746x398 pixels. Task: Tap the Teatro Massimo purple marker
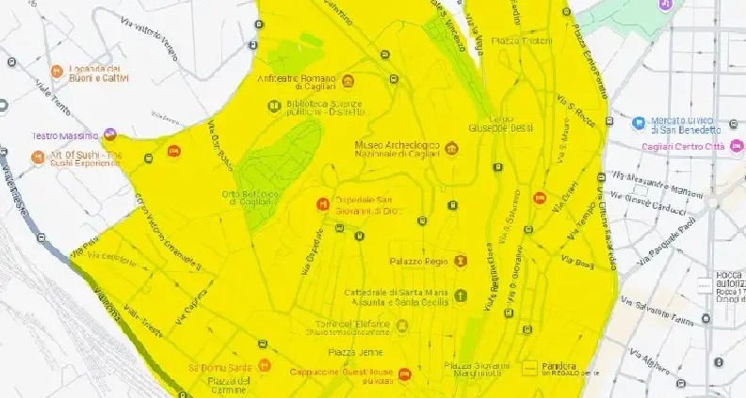(x=110, y=135)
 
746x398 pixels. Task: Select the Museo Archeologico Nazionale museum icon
(x=451, y=149)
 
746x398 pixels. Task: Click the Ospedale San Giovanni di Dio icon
(x=323, y=203)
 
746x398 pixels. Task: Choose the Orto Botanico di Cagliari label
(x=250, y=199)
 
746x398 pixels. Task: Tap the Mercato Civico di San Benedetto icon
(x=639, y=122)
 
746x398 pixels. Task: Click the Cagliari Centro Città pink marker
(x=737, y=147)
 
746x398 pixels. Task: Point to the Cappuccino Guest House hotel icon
(x=404, y=374)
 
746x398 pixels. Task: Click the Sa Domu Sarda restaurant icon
(x=265, y=366)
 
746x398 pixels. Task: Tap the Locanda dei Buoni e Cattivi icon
(x=57, y=71)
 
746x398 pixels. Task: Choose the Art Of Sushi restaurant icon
(x=38, y=157)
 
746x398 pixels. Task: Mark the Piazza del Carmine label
(x=230, y=385)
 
